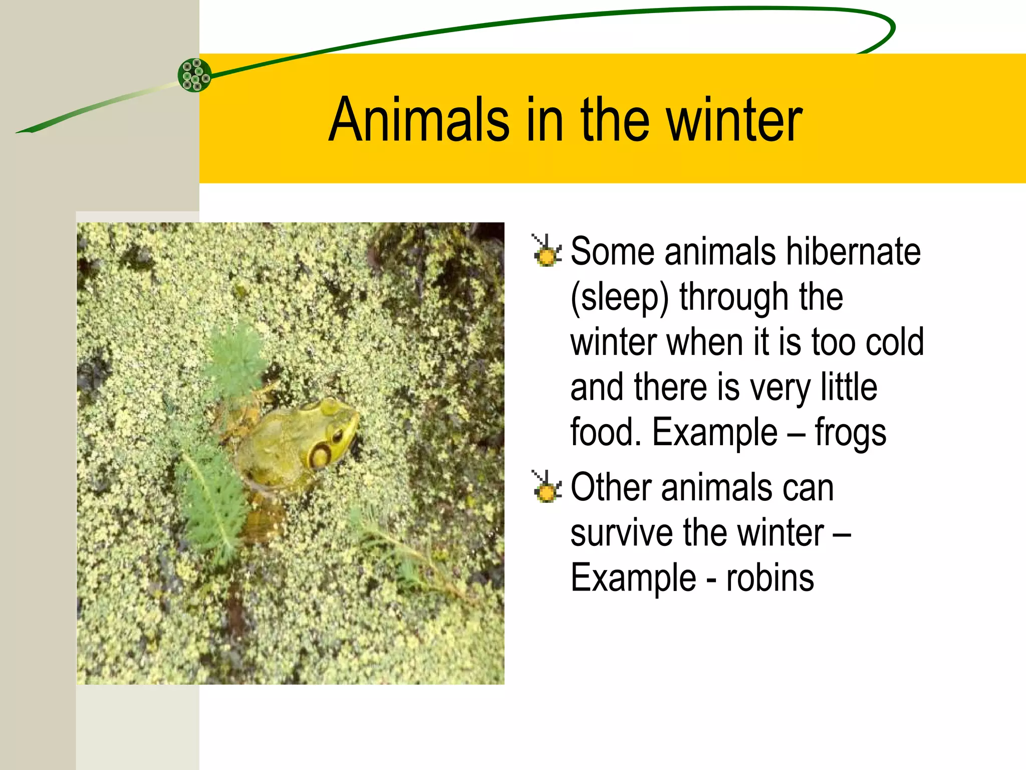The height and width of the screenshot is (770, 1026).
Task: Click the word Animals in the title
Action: click(x=419, y=120)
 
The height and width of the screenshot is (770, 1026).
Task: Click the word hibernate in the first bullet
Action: click(x=853, y=251)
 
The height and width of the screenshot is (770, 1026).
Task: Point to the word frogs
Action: click(x=850, y=433)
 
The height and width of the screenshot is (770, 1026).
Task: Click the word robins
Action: click(x=770, y=578)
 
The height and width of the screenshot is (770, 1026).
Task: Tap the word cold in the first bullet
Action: click(x=895, y=342)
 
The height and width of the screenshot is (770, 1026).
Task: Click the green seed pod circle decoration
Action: click(x=194, y=75)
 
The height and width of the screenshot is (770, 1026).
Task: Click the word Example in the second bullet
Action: click(x=633, y=578)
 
